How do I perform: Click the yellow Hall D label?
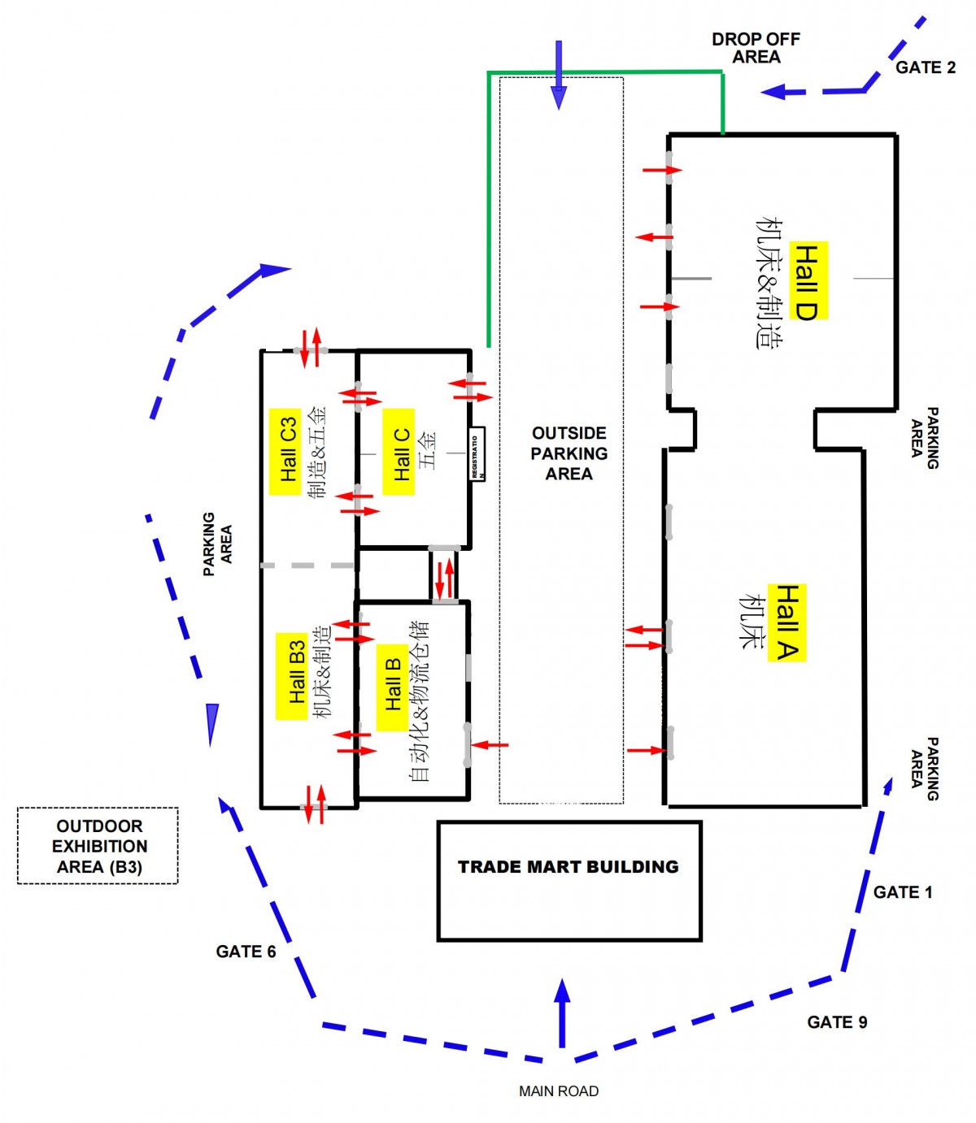[808, 280]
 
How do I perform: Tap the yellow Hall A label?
[786, 622]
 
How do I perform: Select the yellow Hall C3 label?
[285, 451]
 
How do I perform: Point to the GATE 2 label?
[926, 67]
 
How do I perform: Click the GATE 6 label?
[246, 952]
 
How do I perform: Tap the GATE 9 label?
[837, 1022]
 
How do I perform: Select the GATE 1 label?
[903, 892]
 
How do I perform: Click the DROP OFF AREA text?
[756, 48]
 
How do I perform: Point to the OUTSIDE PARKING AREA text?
[569, 453]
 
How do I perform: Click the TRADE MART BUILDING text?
[569, 867]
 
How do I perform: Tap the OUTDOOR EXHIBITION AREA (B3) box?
[98, 846]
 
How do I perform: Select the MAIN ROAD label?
[559, 1091]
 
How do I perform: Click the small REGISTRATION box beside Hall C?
[477, 453]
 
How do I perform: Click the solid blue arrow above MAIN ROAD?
[562, 1012]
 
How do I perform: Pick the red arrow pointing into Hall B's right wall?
[490, 744]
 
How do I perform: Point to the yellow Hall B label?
[392, 683]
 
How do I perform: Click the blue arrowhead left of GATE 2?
[774, 91]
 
